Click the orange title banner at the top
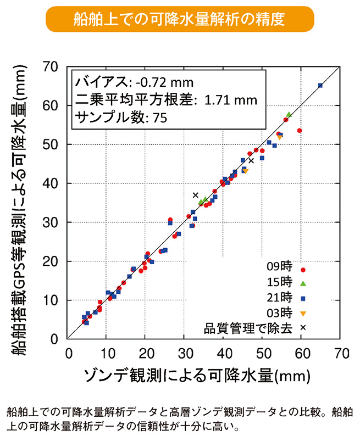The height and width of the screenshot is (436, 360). point(180,20)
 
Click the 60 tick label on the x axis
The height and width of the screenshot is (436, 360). point(302,353)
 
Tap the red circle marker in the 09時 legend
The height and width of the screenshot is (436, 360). point(303,270)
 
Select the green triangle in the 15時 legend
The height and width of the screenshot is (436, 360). point(303,284)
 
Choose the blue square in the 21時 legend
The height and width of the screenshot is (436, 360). point(303,298)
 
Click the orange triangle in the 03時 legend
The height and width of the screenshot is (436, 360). point(303,313)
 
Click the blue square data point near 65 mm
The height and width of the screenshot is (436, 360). point(320,86)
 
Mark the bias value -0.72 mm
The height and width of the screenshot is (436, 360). point(163,82)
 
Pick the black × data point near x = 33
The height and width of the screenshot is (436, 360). point(196,195)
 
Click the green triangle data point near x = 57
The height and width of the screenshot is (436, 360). point(289,114)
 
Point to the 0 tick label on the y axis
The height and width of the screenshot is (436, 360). point(55,339)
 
